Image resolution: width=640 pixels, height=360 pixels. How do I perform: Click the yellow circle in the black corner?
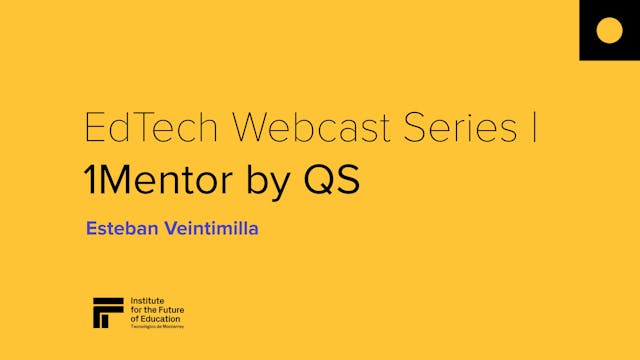[609, 30]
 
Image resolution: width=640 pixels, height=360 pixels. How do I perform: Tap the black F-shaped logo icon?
[107, 312]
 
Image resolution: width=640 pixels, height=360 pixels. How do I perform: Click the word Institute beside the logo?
[149, 300]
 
